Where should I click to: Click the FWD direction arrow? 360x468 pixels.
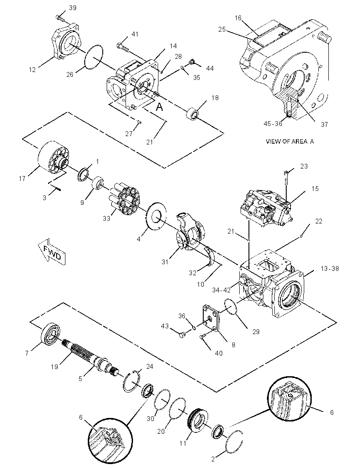[51, 250]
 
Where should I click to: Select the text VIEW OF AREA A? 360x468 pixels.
[290, 141]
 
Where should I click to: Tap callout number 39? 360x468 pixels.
[72, 8]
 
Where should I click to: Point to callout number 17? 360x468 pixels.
[22, 179]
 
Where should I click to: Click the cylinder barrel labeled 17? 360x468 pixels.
[54, 157]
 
